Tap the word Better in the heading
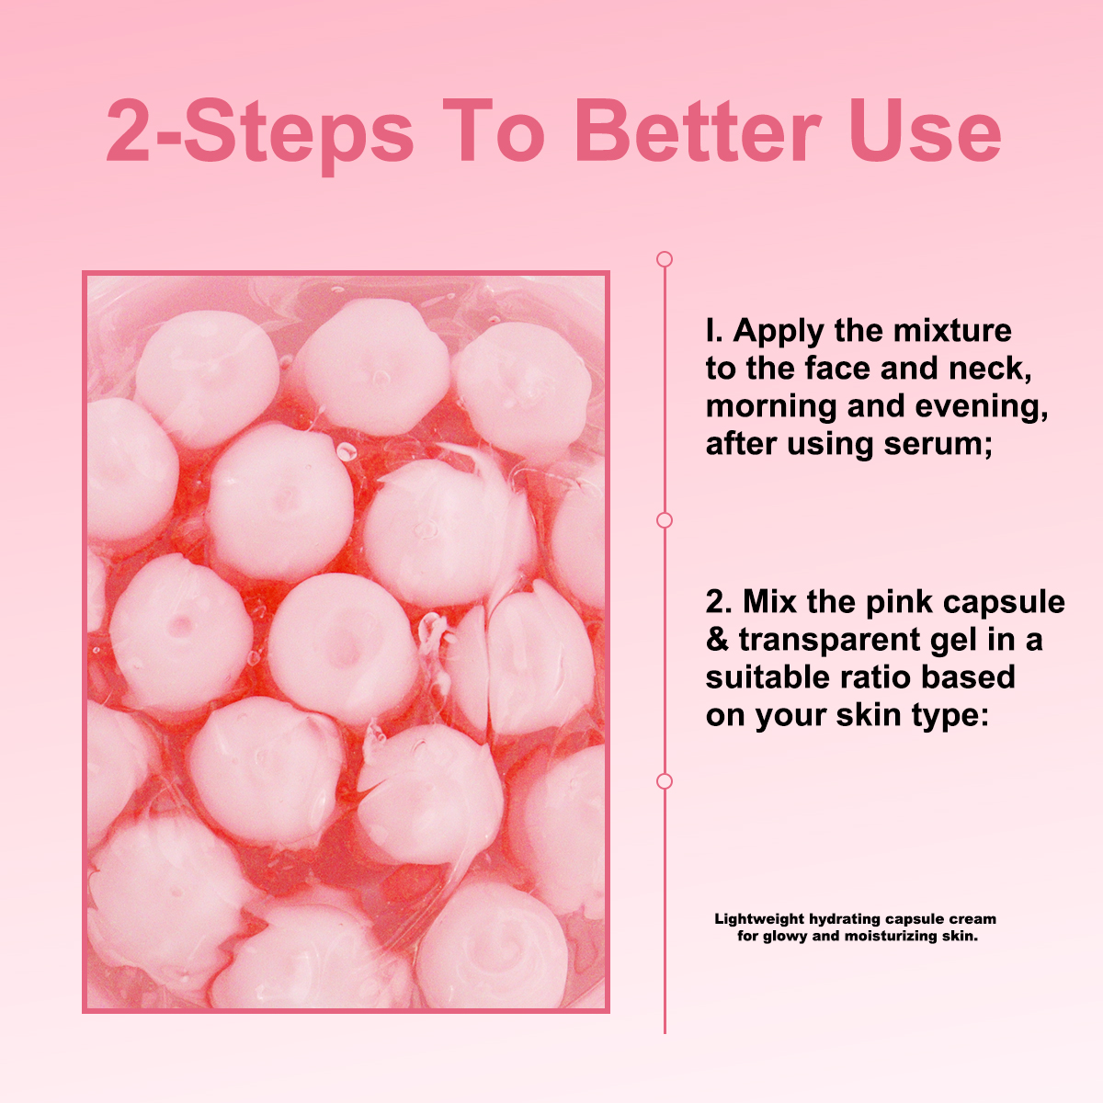coord(699,131)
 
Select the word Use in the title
coord(926,131)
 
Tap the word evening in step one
coord(981,407)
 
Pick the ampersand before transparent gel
coord(718,640)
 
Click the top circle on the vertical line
coord(665,259)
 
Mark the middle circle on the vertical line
coord(665,520)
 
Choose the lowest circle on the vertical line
coord(665,781)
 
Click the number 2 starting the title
coord(128,131)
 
